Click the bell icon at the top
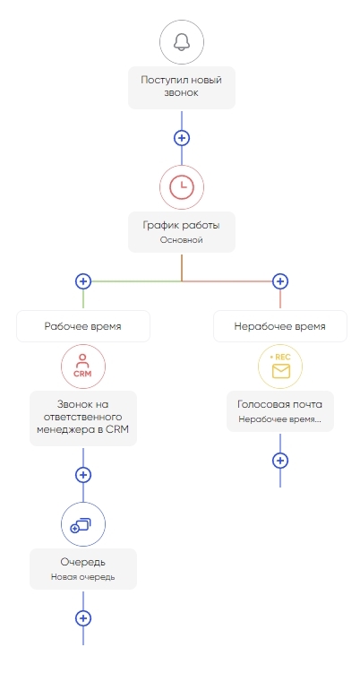pos(182,42)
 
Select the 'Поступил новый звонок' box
pos(182,88)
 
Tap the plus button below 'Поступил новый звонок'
pos(182,138)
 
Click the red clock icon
pos(182,187)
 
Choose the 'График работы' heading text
pos(182,225)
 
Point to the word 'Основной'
pos(182,240)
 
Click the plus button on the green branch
pos(83,281)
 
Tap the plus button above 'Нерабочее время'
pos(280,281)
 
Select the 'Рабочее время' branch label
pos(83,326)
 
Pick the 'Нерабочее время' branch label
pos(280,326)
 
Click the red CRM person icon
pos(83,367)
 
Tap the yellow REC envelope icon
pos(280,367)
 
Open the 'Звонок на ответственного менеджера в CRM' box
pos(83,418)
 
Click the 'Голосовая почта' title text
pos(280,404)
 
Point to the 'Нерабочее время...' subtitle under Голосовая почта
pos(280,419)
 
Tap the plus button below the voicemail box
pos(280,461)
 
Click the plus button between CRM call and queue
pos(83,475)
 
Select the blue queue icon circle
pos(83,524)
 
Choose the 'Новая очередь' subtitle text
pos(83,577)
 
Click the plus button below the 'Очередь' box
pos(83,618)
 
